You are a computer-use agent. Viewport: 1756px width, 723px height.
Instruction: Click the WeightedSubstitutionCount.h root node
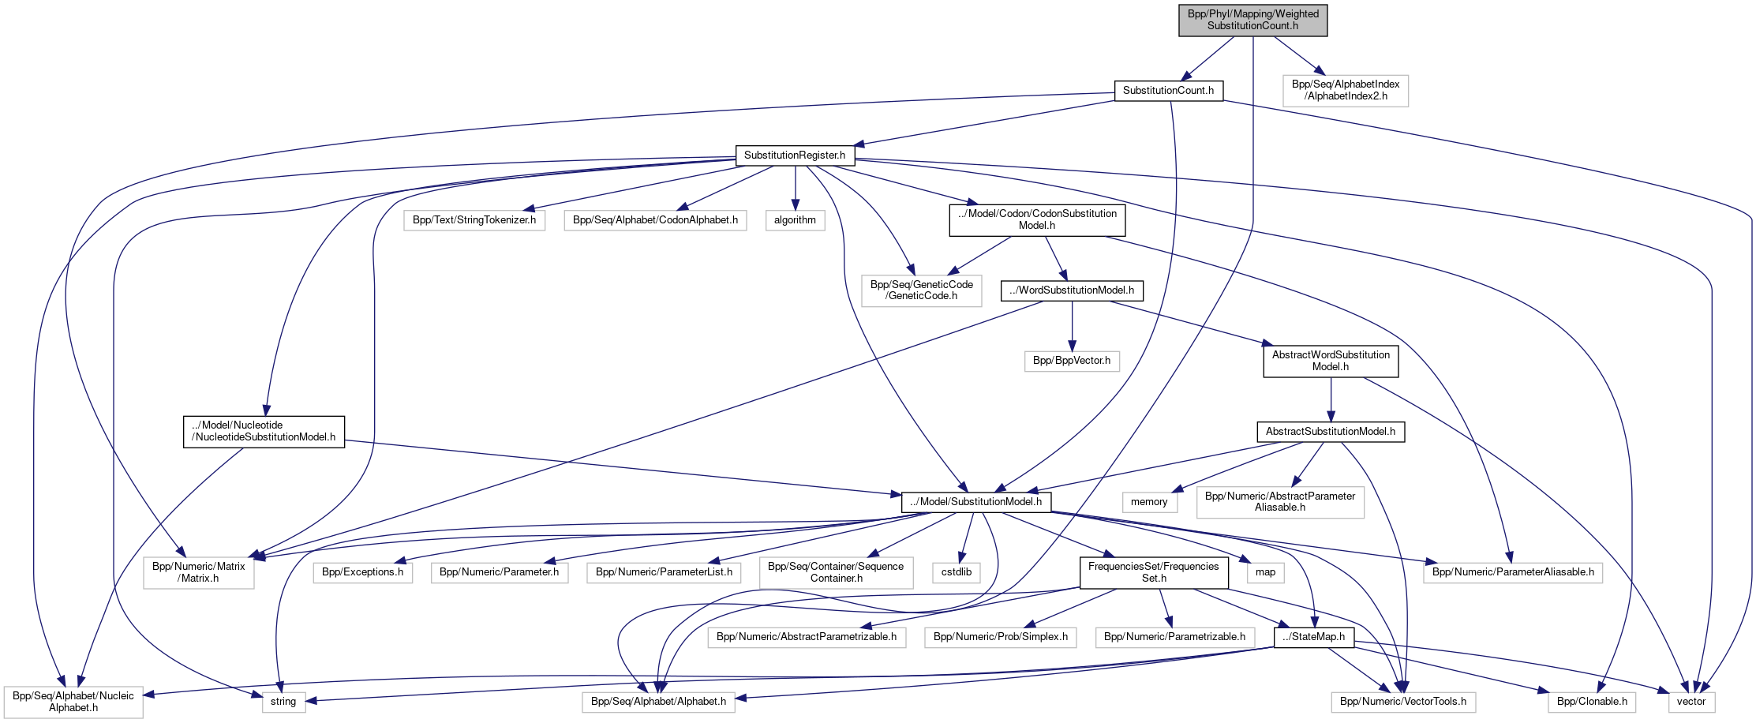tap(1252, 20)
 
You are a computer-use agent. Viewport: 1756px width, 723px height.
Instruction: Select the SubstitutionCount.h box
tap(1168, 91)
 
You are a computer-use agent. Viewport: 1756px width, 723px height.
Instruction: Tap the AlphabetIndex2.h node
tap(1345, 91)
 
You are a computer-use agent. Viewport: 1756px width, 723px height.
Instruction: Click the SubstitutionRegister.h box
tap(794, 155)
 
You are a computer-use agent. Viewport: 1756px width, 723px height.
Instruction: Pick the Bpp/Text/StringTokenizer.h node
tap(474, 220)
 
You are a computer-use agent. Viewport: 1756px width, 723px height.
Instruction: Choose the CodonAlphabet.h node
tap(655, 220)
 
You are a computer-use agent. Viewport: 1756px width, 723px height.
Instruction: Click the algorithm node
tap(795, 220)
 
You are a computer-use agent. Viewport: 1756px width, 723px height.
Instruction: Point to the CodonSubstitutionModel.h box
tap(1036, 220)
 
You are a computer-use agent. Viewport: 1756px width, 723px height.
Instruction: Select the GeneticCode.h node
tap(921, 290)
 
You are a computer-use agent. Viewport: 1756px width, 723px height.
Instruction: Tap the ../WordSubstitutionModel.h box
tap(1072, 290)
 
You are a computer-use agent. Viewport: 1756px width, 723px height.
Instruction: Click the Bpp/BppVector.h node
tap(1071, 361)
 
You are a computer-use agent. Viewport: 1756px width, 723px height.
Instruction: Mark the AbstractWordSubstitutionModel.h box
tap(1331, 361)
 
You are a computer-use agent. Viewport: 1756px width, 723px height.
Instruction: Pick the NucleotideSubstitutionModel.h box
tap(264, 432)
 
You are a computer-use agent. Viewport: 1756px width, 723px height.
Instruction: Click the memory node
tap(1148, 502)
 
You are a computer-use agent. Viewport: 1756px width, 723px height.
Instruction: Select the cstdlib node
tap(957, 572)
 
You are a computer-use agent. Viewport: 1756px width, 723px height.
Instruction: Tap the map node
tap(1265, 572)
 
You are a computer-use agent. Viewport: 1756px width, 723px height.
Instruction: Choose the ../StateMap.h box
tap(1313, 637)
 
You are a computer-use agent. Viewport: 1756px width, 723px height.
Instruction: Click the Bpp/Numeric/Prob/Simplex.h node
tap(1000, 637)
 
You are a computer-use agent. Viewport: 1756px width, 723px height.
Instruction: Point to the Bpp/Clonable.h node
tap(1592, 702)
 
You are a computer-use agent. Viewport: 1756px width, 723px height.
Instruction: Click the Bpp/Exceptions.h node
tap(362, 572)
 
